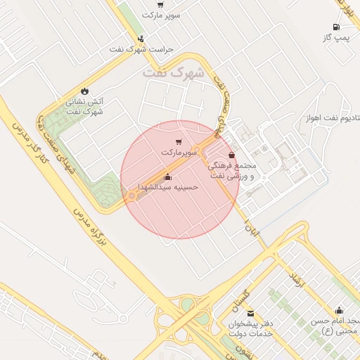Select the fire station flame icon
click(x=85, y=91)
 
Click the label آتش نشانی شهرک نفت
click(x=85, y=106)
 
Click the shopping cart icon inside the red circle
click(x=179, y=142)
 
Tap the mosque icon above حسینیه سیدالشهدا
click(x=167, y=176)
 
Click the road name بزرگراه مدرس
click(x=90, y=219)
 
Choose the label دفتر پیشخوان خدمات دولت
click(x=250, y=328)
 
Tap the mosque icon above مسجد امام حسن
click(x=339, y=310)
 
